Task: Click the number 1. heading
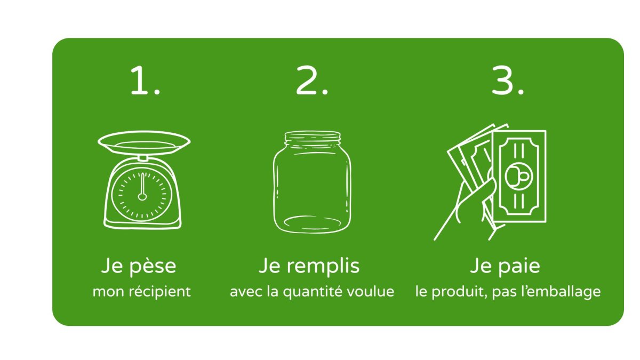point(145,80)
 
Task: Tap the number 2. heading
point(311,80)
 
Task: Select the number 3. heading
point(508,80)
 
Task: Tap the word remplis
point(323,267)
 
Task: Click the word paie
point(519,267)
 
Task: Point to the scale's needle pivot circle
point(142,197)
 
